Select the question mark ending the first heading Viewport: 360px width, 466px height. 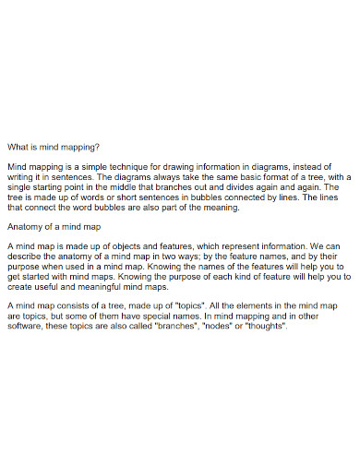click(x=98, y=145)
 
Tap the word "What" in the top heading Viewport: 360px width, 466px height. click(x=18, y=145)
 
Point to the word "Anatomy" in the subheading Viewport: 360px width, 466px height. click(x=25, y=225)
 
